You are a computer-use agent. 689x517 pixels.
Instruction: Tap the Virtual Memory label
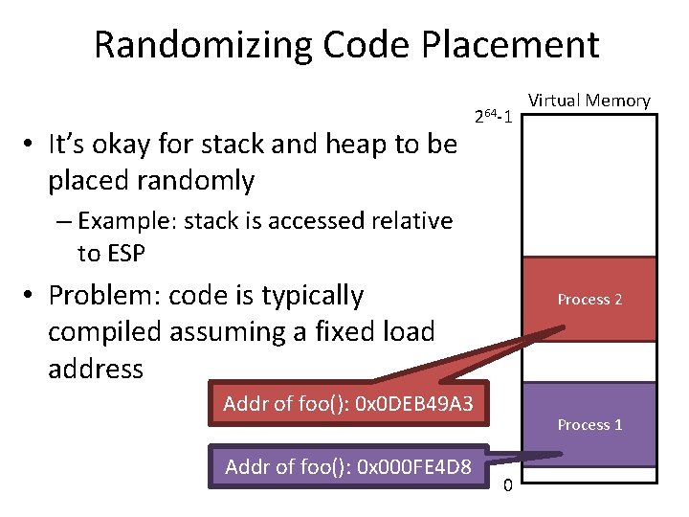tap(589, 101)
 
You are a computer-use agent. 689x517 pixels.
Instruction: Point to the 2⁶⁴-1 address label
tap(496, 117)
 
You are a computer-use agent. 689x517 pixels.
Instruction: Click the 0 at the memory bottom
tap(507, 484)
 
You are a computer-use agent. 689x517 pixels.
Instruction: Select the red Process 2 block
tap(589, 300)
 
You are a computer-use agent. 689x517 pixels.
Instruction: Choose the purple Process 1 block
tap(589, 424)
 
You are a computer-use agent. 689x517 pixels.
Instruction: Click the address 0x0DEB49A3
tap(413, 403)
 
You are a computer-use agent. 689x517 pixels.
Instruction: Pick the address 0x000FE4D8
tap(413, 467)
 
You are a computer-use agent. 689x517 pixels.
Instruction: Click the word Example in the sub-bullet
tap(120, 221)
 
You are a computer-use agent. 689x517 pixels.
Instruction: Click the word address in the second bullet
tap(96, 369)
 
